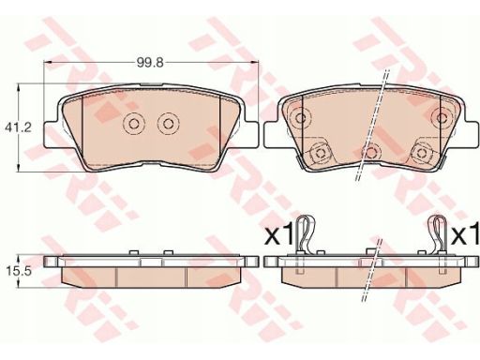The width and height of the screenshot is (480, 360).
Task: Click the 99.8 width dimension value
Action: point(150,63)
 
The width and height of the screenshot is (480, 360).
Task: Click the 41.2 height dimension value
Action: point(18,127)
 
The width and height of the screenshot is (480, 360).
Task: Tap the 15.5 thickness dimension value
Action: point(19,272)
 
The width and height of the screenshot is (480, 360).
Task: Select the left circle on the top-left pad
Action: point(134,125)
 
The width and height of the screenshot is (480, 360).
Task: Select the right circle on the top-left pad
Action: point(169,125)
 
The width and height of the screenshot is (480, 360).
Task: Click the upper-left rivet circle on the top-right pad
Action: point(301,118)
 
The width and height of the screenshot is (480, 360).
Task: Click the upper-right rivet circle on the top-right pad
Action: point(442,118)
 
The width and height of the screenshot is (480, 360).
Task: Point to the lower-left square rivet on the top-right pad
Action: point(320,153)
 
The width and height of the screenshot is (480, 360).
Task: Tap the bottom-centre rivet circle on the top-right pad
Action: point(371,153)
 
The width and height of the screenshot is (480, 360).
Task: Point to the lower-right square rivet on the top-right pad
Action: point(422,153)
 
